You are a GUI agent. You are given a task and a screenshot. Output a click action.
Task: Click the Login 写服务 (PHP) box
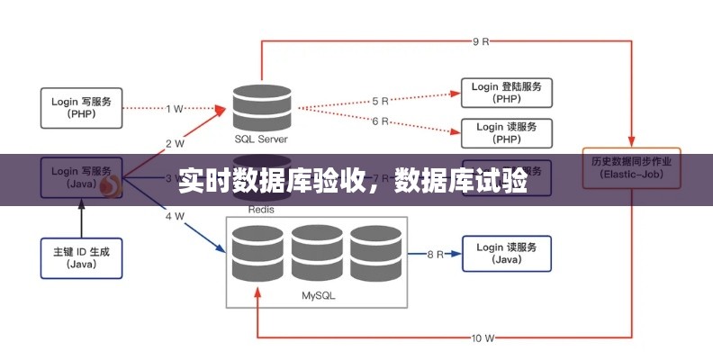coord(82,107)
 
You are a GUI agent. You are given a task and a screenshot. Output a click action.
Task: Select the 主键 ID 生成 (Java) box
coord(82,257)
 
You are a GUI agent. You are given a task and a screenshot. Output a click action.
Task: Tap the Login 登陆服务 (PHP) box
coord(506,93)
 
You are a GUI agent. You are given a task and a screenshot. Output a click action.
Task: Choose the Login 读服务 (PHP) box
coord(506,133)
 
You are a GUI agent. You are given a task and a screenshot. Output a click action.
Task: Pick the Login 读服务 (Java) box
coord(506,254)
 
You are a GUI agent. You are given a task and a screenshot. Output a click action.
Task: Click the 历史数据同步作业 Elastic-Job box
coord(632,168)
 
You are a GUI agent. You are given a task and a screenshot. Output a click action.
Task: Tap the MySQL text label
coord(316,294)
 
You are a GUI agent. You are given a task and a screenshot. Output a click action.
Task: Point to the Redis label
coord(263,209)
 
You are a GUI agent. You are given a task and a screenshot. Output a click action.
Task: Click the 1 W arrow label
coord(175,108)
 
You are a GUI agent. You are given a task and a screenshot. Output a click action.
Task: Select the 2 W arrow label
coord(175,142)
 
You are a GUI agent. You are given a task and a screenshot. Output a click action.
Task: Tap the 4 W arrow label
coord(175,216)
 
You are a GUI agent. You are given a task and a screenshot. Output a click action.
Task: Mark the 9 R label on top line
coord(481,41)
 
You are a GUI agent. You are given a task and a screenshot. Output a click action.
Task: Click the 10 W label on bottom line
coord(483,338)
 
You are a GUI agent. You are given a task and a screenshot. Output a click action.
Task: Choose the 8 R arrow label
coord(435,255)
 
